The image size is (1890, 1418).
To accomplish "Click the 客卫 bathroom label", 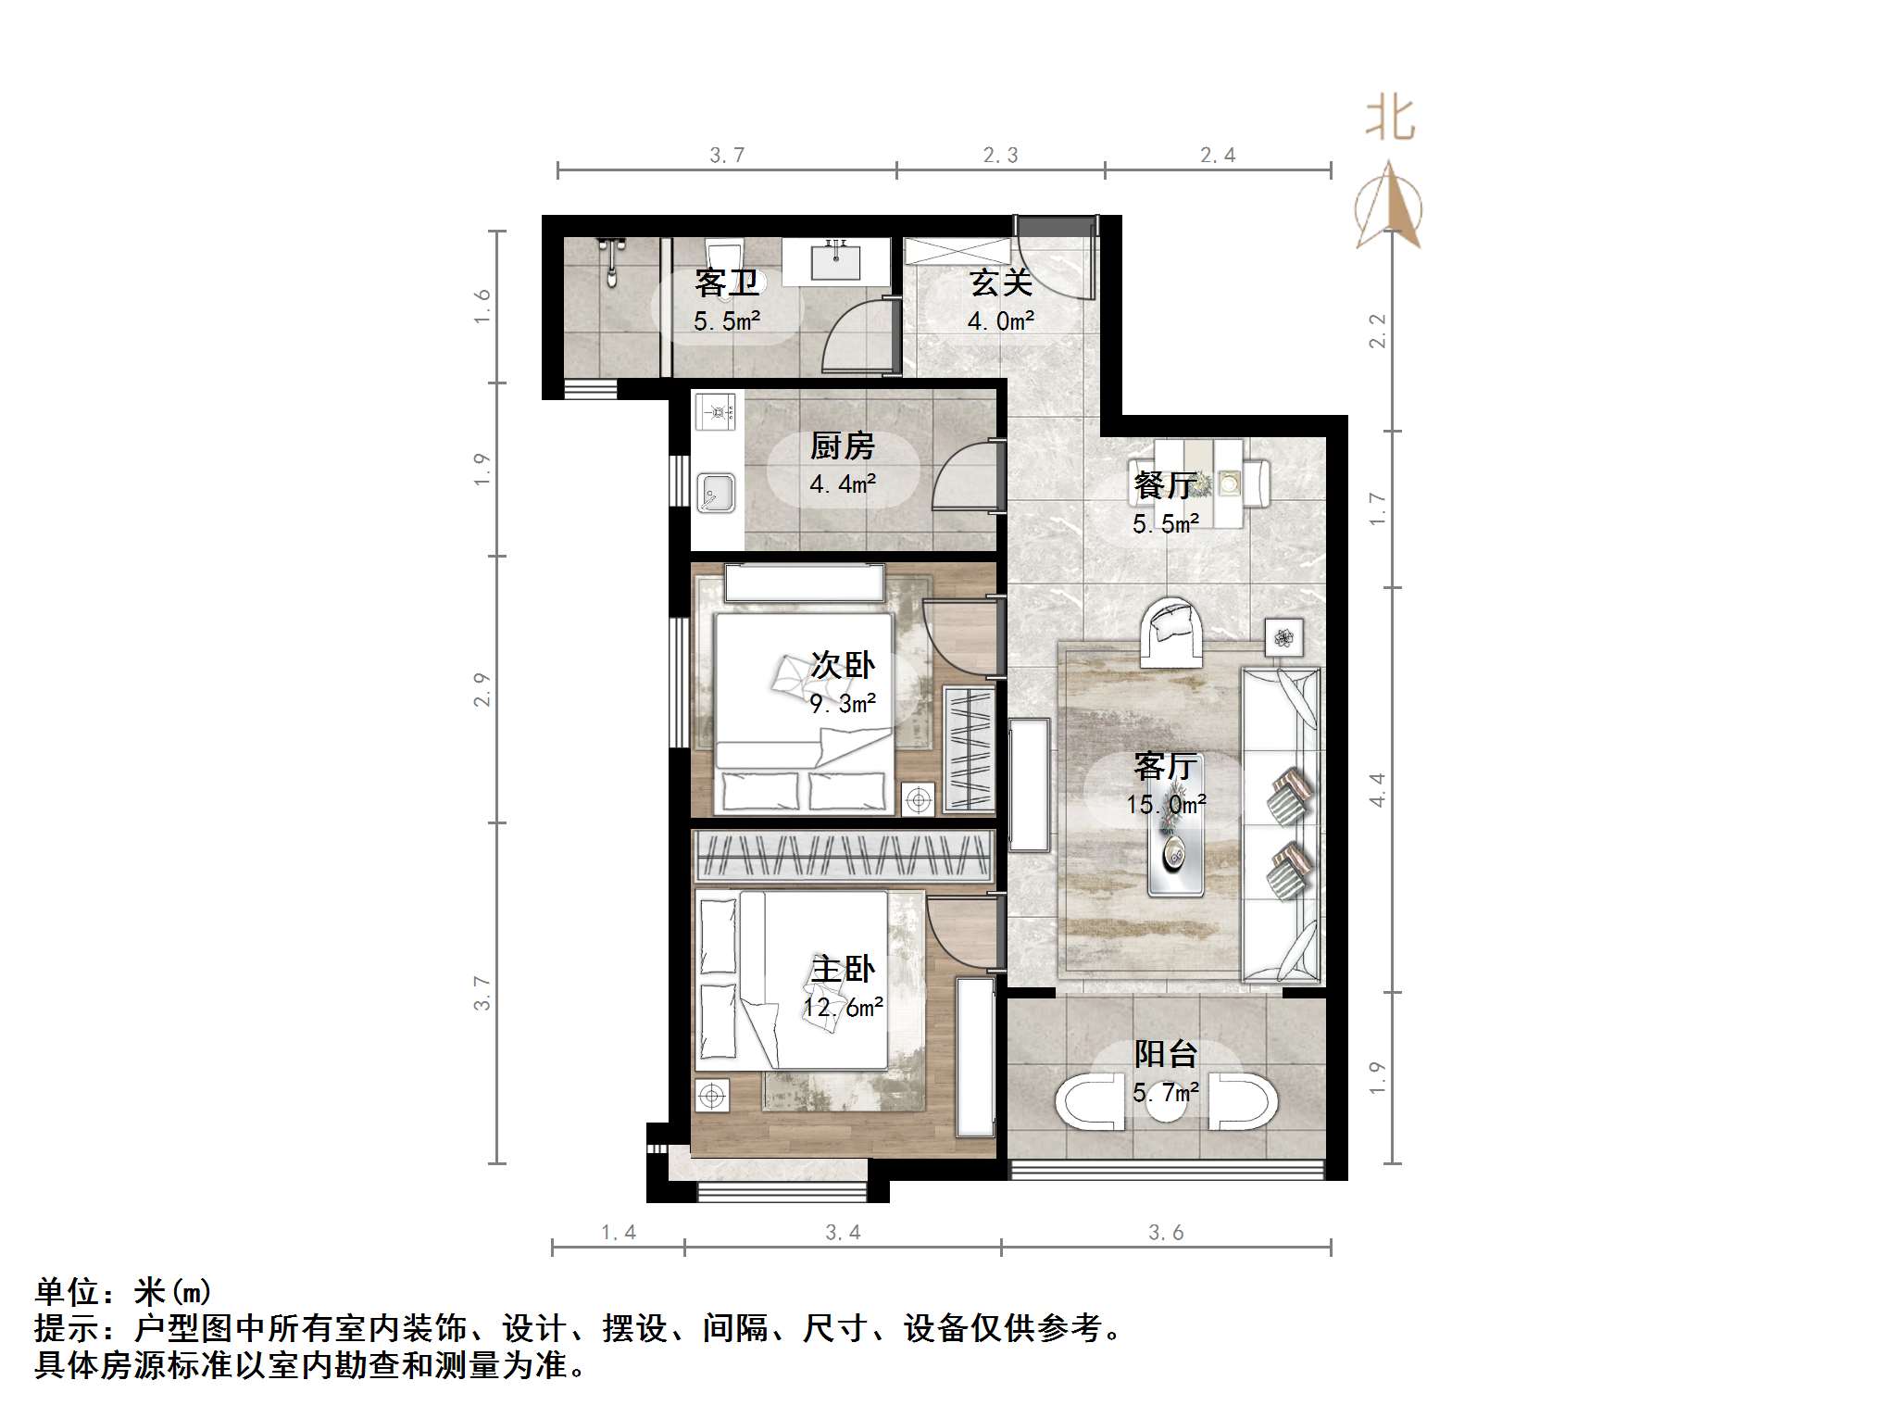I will click(x=727, y=282).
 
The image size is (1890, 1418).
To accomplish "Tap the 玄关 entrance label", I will click(x=1001, y=282).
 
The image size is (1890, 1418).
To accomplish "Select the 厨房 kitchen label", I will click(x=842, y=446).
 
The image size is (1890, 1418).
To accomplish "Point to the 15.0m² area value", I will click(x=1166, y=804).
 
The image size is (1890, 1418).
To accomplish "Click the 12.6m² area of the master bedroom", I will click(x=843, y=1007).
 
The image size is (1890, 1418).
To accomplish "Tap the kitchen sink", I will click(x=715, y=493).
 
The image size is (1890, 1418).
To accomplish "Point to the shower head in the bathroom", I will click(x=610, y=259).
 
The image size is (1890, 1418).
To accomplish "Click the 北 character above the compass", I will click(x=1390, y=120).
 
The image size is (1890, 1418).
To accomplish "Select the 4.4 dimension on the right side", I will click(x=1378, y=790).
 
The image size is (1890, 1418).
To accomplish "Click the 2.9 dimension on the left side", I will click(x=482, y=689).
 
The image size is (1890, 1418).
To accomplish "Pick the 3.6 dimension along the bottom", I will click(x=1166, y=1233).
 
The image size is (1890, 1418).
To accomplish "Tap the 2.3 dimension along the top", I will click(x=1000, y=156).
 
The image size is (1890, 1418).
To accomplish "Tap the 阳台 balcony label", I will click(x=1166, y=1054).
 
